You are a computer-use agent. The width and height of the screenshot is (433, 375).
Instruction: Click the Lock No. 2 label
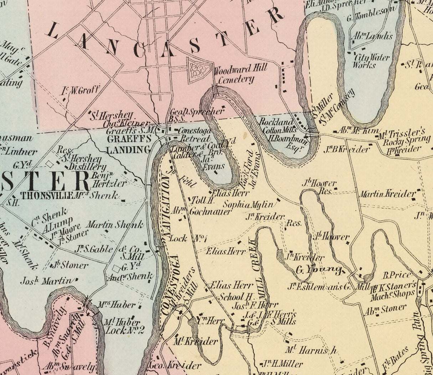pos(125,331)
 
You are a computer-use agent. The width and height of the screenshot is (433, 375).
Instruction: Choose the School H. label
pos(236,297)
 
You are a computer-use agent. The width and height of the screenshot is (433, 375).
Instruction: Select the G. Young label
pos(319,269)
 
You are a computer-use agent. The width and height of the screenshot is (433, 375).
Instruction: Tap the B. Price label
pos(397,275)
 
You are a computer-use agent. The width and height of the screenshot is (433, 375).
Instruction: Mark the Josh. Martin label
pos(45,281)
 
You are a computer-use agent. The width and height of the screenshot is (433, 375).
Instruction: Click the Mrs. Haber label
pos(117,305)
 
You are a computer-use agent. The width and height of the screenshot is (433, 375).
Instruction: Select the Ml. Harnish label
pos(311,350)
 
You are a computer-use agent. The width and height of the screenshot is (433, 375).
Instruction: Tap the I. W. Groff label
pos(80,90)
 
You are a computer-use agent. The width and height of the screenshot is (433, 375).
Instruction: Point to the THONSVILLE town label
pos(47,195)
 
